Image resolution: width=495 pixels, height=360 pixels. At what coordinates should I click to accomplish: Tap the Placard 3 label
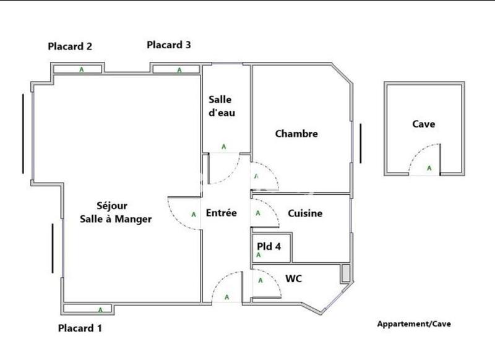click(168, 45)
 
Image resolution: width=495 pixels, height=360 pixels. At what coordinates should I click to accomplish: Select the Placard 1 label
click(80, 328)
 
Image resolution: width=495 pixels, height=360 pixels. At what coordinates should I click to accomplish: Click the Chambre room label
click(296, 134)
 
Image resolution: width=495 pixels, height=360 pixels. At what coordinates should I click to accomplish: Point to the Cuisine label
click(305, 213)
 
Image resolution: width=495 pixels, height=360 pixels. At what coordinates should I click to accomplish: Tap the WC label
click(293, 278)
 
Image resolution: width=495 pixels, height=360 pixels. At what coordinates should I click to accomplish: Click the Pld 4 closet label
click(269, 246)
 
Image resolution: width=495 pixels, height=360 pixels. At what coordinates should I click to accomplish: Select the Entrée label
click(222, 213)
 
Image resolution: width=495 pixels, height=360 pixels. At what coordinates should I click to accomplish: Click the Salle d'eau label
click(222, 106)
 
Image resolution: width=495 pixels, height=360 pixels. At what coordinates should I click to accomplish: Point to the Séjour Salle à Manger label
click(116, 212)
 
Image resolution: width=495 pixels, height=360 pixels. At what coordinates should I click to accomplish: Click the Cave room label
click(423, 124)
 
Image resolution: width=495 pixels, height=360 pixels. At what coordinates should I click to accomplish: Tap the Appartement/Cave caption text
click(414, 324)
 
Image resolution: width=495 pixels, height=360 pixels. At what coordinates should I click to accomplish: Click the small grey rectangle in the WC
click(345, 273)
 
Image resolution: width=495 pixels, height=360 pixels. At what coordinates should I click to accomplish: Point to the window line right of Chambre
click(359, 142)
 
